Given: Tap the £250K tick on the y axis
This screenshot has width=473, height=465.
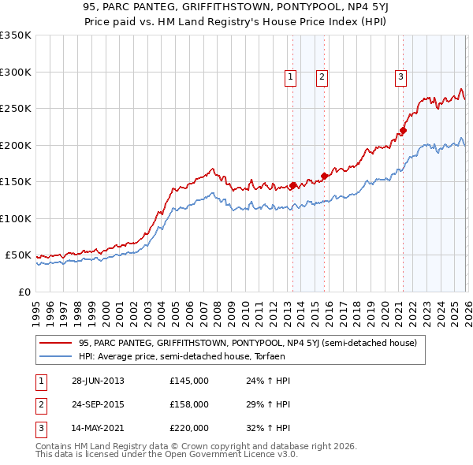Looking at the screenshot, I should point(16,109).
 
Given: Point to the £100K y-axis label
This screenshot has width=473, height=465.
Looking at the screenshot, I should point(16,218).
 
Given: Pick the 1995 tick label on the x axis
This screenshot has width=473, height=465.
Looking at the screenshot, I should point(36,307).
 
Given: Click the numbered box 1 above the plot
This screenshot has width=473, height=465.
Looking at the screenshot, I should point(291,76).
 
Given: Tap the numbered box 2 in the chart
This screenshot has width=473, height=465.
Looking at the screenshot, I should point(322,76).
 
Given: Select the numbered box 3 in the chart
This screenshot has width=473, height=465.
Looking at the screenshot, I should point(400,76).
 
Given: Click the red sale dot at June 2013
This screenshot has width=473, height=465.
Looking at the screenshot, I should point(292,186).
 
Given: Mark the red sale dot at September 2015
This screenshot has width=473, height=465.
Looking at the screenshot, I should point(324,177).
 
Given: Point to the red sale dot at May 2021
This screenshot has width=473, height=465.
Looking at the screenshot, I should point(403,131).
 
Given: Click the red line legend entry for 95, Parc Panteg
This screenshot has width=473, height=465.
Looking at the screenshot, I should point(252,343).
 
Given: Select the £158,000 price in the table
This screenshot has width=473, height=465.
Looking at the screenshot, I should point(189,404).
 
